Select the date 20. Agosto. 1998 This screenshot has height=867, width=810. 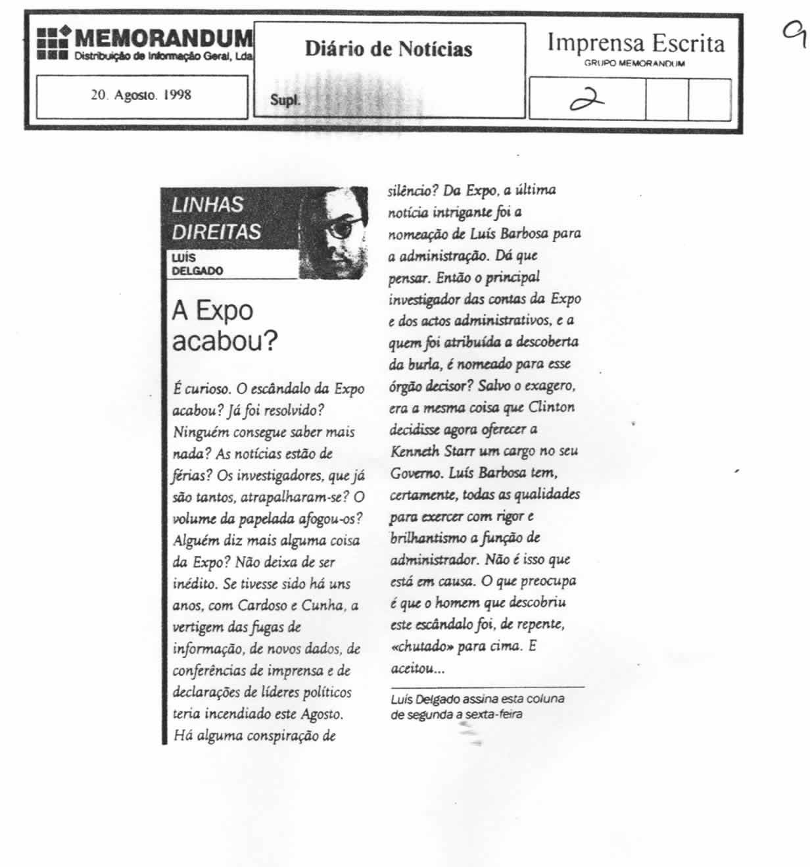point(141,95)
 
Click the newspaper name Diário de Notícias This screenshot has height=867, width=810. point(389,49)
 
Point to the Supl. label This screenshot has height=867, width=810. point(285,101)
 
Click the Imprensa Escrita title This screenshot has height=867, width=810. point(636,43)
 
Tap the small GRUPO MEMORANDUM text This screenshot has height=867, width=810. point(634,64)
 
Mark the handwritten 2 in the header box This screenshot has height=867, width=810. point(587,99)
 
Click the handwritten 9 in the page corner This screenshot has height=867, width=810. point(795,34)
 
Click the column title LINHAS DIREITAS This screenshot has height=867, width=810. point(216,218)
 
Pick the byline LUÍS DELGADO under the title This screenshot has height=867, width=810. point(197,264)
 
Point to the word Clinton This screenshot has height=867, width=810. point(551,407)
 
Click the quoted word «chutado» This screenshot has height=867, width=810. point(421,646)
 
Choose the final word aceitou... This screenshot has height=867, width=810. point(416,668)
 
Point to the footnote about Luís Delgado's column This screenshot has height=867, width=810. point(477,706)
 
